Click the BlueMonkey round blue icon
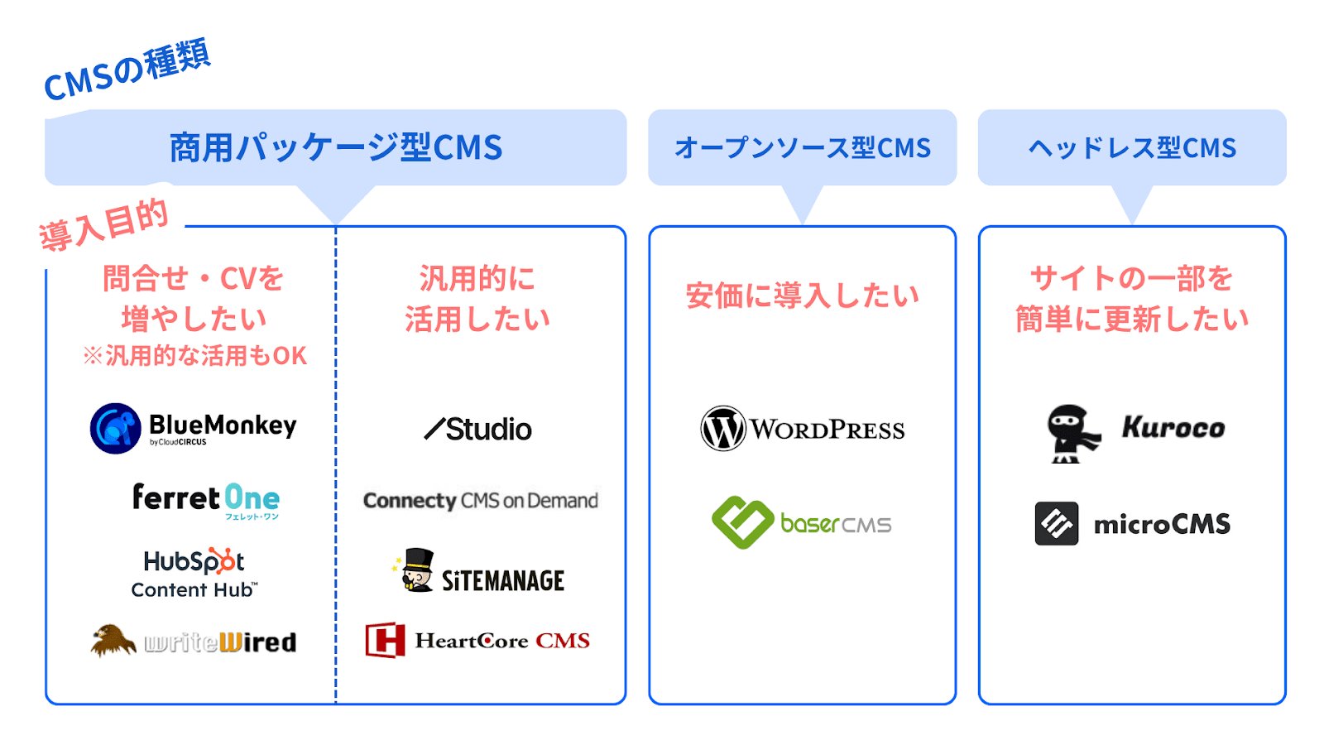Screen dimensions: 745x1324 pos(115,428)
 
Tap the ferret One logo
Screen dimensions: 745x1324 pos(205,499)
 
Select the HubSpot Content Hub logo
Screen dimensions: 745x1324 pos(195,572)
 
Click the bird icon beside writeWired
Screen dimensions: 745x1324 pos(113,641)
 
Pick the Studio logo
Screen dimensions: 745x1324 pos(478,429)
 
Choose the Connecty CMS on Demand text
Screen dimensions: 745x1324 pos(480,501)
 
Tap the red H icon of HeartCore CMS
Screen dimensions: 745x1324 pos(385,640)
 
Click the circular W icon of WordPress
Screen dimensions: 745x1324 pos(722,428)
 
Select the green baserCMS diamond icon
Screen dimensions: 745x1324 pos(742,522)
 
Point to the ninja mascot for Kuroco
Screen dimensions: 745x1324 pos(1071,432)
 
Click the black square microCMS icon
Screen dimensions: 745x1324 pos(1056,523)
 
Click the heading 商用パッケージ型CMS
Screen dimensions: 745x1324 pos(335,147)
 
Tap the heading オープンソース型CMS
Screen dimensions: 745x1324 pos(802,148)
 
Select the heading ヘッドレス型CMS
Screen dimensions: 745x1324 pos(1131,148)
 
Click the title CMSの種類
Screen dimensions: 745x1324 pos(127,71)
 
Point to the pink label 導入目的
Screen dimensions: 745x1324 pos(103,226)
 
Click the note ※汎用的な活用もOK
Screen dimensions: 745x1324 pos(194,356)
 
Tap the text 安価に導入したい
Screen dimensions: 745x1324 pos(802,296)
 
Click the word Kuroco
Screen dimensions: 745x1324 pos(1173,427)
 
